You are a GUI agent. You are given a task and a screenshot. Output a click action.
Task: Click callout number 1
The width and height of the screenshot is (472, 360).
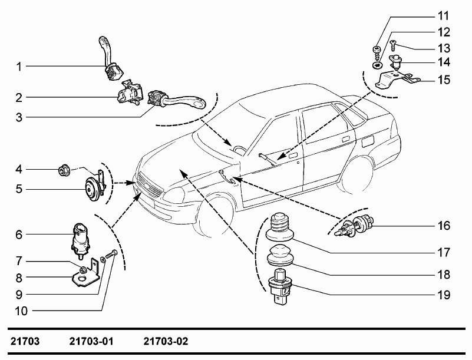19,67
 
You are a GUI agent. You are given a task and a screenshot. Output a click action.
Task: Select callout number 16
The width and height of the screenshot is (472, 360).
443,226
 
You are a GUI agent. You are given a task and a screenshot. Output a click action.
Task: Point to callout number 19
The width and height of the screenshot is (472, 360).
443,293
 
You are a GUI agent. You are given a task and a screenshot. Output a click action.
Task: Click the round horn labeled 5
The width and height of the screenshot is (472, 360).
93,188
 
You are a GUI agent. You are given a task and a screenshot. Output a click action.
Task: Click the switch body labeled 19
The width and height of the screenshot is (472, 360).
282,285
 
